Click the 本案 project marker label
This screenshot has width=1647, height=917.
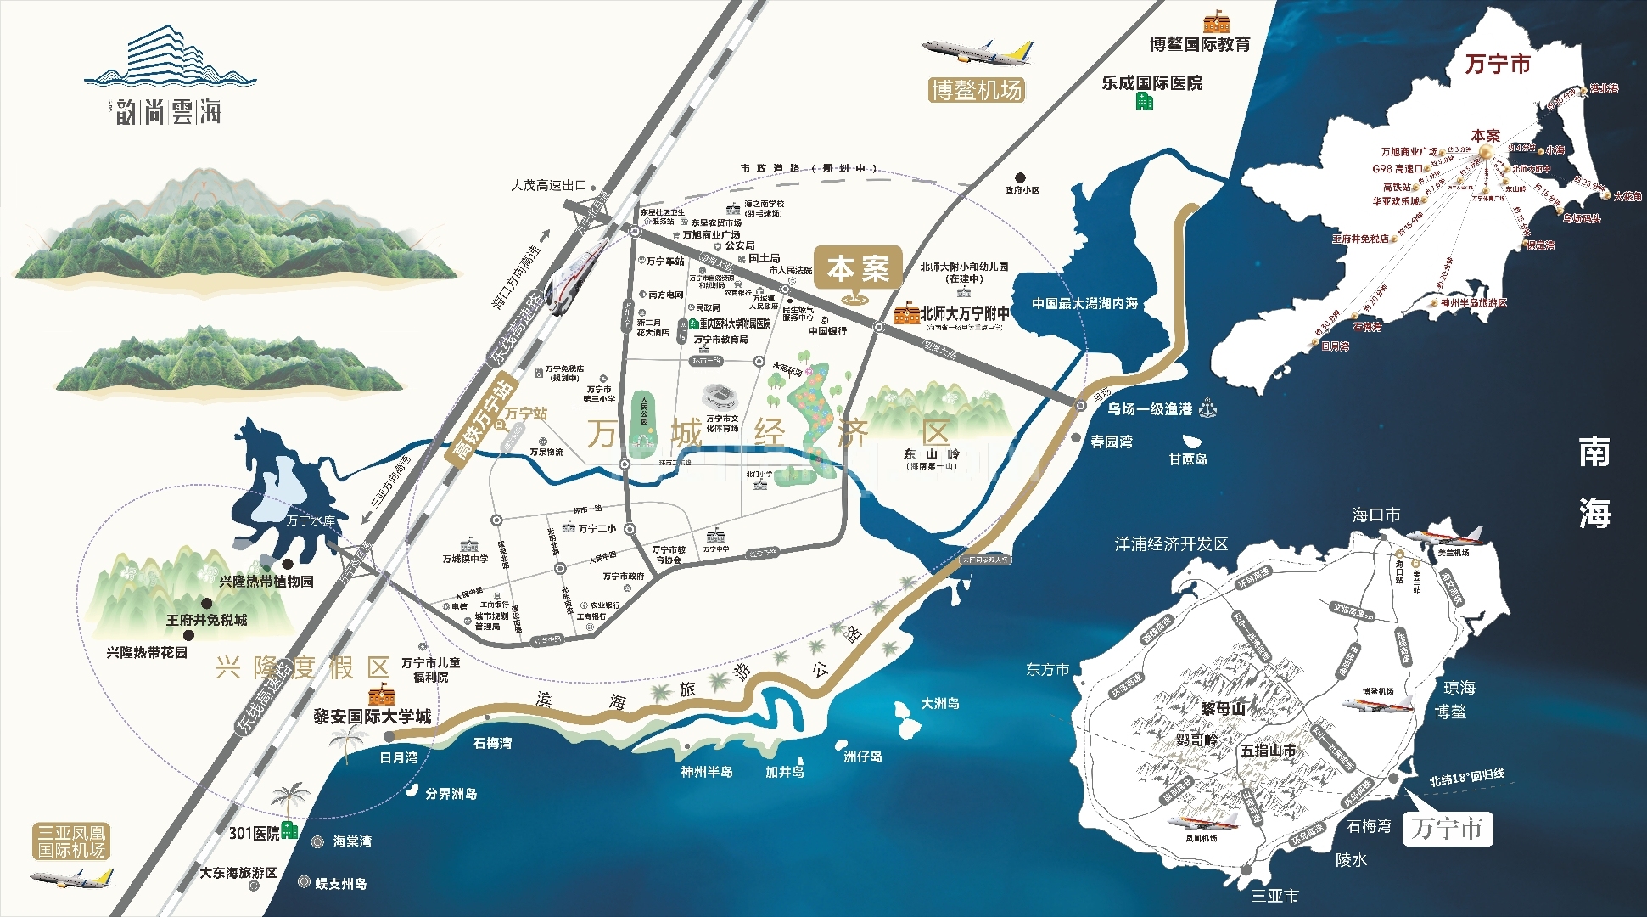coord(858,269)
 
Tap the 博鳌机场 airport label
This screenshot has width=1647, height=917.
coord(977,90)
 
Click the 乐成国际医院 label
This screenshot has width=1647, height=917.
coord(1151,83)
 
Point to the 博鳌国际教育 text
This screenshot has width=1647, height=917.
coord(1200,44)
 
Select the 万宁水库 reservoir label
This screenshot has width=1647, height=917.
coord(311,520)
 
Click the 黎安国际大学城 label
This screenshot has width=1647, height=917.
coord(372,717)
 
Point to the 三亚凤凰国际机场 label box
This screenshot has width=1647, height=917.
coord(71,841)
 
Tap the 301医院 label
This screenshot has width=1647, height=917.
coord(254,834)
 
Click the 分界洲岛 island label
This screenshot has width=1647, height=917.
coord(451,794)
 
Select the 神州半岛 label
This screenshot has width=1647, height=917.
coord(707,772)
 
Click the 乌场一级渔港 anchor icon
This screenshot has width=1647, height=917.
coord(1207,409)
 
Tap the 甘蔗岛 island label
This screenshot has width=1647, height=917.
coord(1187,459)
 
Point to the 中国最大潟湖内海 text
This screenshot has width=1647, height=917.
coord(1084,303)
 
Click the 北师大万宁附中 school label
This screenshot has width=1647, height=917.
coord(965,313)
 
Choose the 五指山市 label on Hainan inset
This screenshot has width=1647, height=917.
coord(1268,751)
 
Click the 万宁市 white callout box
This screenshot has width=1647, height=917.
coord(1447,828)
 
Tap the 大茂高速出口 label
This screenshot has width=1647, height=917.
coord(548,185)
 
